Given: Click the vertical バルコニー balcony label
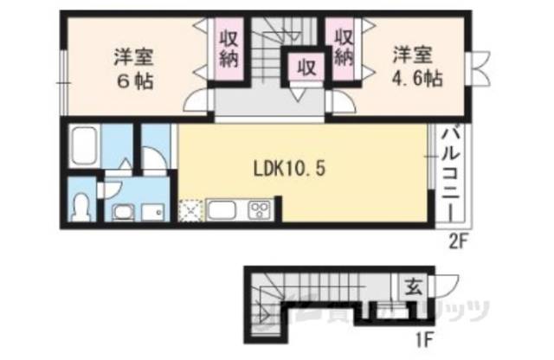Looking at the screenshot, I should click(x=451, y=174).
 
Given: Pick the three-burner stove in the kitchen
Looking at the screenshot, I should click(x=261, y=209).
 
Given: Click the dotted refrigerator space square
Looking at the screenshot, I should click(x=191, y=209).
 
